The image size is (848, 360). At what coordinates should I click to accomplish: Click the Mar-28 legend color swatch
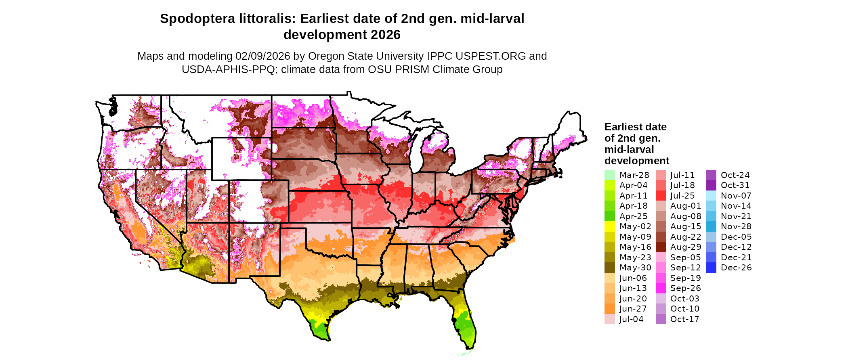609,175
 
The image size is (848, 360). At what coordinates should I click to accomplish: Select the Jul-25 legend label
682,196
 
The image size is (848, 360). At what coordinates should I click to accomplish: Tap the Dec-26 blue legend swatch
711,268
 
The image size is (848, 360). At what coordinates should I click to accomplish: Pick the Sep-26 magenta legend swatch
661,288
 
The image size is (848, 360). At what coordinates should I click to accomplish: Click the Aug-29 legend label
686,247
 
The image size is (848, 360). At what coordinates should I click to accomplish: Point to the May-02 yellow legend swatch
609,226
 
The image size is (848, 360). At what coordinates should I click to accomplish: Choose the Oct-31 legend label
735,185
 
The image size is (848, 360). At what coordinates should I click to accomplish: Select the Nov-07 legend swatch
711,196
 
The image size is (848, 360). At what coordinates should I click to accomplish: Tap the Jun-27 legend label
633,309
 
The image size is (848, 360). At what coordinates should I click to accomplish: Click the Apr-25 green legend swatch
609,216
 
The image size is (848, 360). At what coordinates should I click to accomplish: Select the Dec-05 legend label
736,237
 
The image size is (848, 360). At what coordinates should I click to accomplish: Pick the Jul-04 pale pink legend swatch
609,319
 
